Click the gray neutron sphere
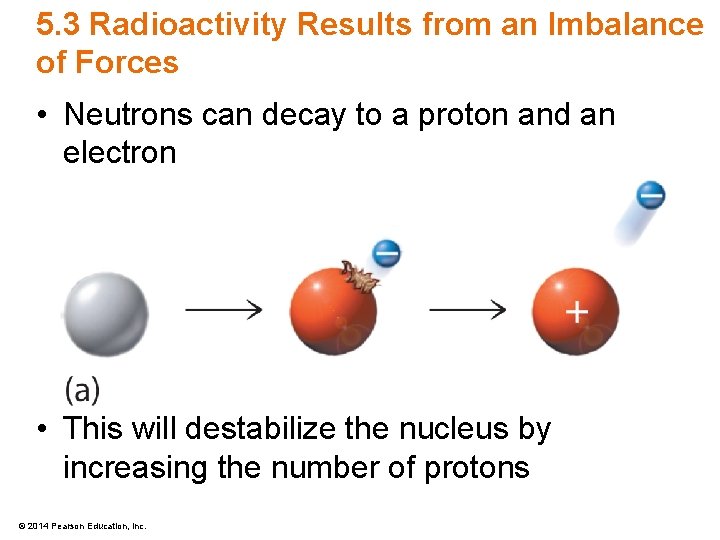click(x=106, y=312)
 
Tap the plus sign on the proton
click(x=576, y=312)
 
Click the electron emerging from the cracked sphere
click(x=386, y=254)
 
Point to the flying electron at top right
click(x=651, y=195)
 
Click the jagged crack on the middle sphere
click(x=359, y=277)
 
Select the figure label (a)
click(x=82, y=389)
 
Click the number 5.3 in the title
click(x=57, y=24)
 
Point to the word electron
click(x=119, y=153)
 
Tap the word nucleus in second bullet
click(x=457, y=429)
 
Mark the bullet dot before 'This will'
click(x=42, y=430)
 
